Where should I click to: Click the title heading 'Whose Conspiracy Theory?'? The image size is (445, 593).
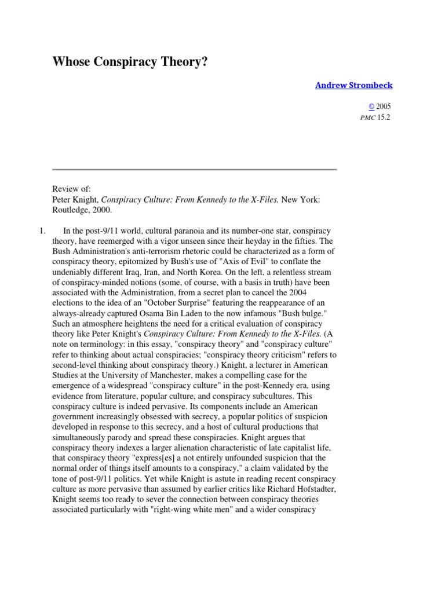[x=130, y=62]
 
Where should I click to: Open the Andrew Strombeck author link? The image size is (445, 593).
[x=353, y=85]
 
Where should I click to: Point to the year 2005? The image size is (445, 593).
[x=384, y=107]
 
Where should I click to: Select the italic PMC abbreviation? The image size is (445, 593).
[x=368, y=117]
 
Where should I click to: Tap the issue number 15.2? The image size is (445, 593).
[x=385, y=117]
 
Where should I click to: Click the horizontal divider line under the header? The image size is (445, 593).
[x=194, y=170]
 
